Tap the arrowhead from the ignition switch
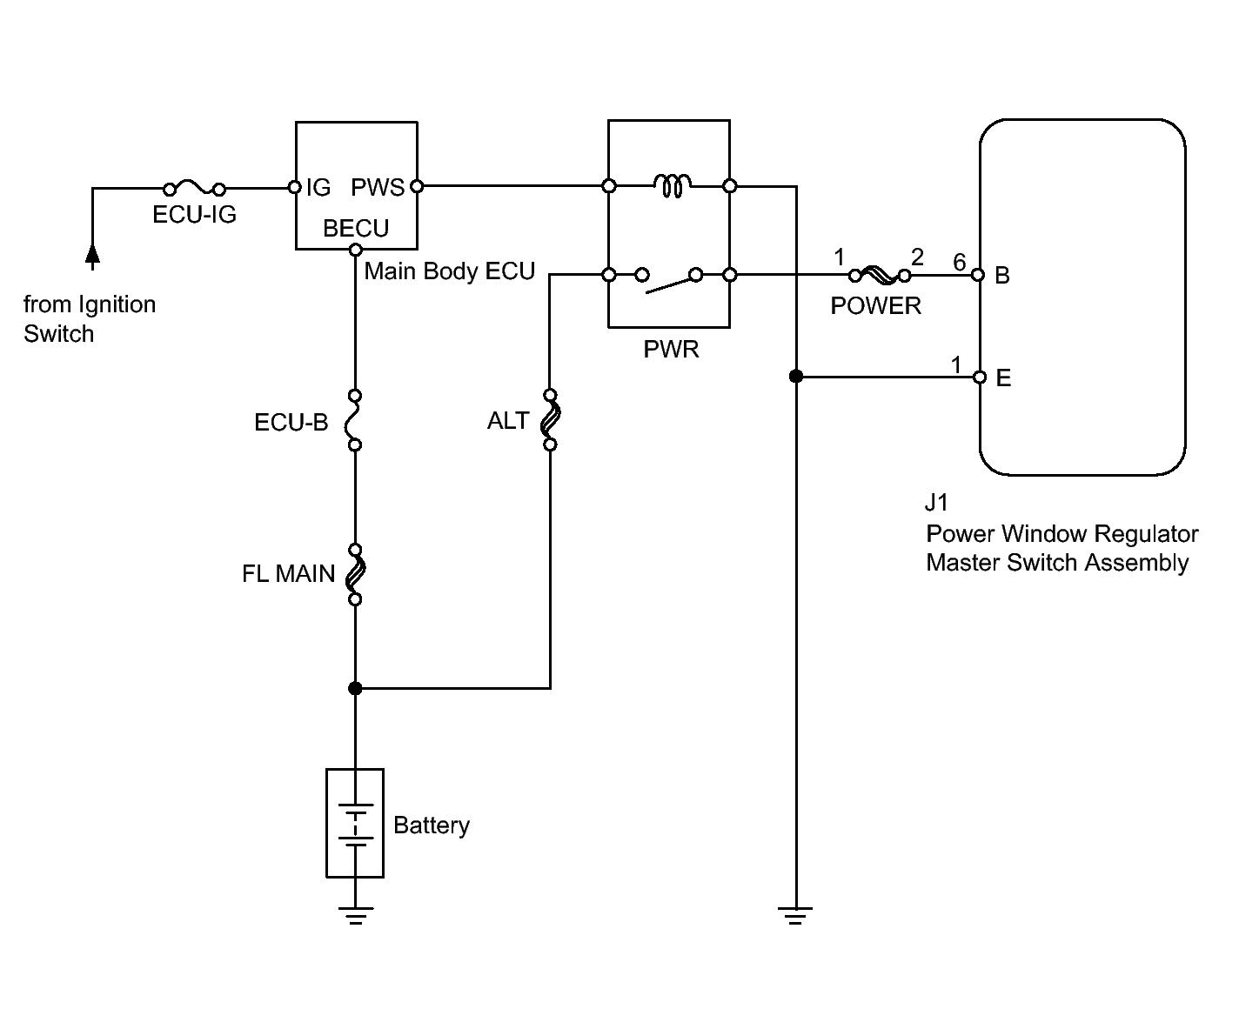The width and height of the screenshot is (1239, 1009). (x=92, y=254)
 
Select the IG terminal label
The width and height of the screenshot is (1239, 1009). (x=318, y=187)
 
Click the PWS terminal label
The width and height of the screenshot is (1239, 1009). (x=378, y=187)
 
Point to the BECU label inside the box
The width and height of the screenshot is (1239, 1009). (x=356, y=228)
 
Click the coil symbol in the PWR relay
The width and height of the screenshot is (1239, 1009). (x=673, y=185)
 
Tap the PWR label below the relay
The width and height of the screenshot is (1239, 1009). (x=671, y=349)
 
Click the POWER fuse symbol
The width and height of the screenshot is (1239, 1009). (x=880, y=275)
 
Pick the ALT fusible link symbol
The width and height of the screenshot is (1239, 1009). (x=550, y=420)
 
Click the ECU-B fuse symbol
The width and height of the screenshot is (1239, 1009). (x=354, y=420)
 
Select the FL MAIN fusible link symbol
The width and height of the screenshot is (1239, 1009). (x=355, y=574)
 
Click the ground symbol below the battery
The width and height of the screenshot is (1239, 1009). (x=355, y=915)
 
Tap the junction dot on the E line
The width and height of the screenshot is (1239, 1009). (x=796, y=377)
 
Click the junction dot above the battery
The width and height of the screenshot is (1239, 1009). (x=355, y=689)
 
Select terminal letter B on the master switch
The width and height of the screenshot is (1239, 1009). (x=1002, y=275)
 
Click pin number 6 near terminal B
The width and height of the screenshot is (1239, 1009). (x=959, y=262)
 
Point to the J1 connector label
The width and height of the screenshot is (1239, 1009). (x=936, y=502)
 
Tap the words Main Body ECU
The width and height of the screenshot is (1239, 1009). (x=449, y=271)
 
